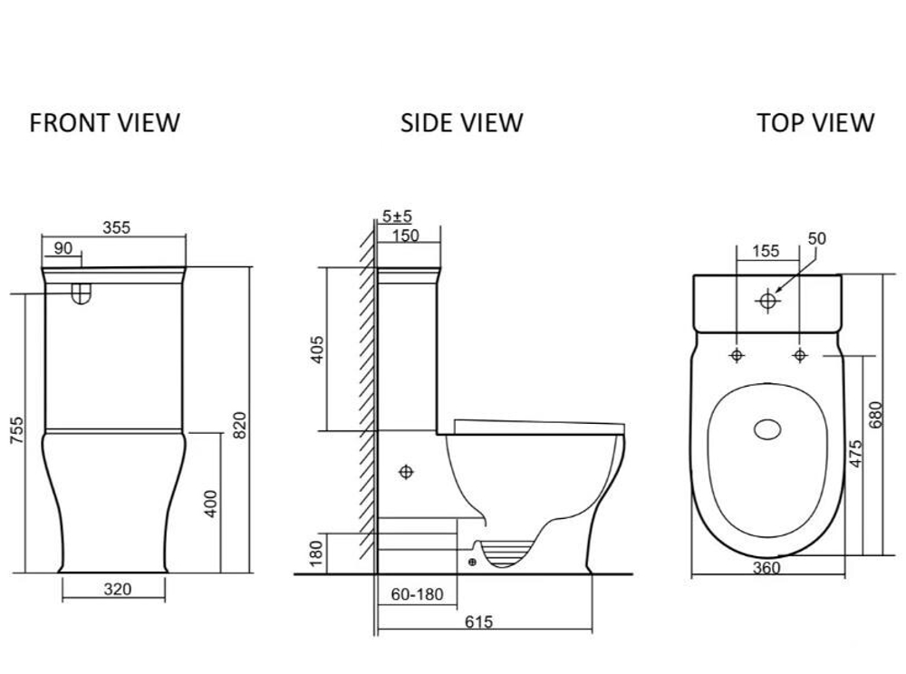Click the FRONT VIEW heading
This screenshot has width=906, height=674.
104,123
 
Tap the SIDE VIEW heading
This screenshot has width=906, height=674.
462,123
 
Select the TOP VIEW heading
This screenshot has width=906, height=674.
815,123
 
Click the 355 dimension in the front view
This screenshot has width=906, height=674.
117,227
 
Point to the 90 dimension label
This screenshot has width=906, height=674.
63,248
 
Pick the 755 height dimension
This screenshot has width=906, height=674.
17,429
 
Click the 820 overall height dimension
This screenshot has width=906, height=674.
239,425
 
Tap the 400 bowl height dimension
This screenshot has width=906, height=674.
211,504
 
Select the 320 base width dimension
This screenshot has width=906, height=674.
118,589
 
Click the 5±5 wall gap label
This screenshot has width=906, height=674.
397,216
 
